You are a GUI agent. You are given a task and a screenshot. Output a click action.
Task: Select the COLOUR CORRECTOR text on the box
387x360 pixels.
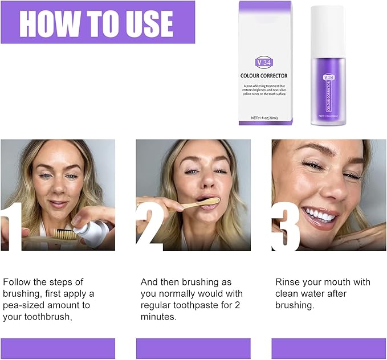click(263, 75)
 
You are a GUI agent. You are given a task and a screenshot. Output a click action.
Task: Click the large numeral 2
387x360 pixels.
click(149, 228)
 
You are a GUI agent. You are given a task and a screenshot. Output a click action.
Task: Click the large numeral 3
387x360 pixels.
click(285, 228)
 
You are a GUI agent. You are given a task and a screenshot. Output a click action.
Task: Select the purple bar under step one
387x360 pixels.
click(58, 348)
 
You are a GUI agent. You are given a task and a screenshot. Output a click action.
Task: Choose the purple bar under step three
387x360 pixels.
click(329, 348)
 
